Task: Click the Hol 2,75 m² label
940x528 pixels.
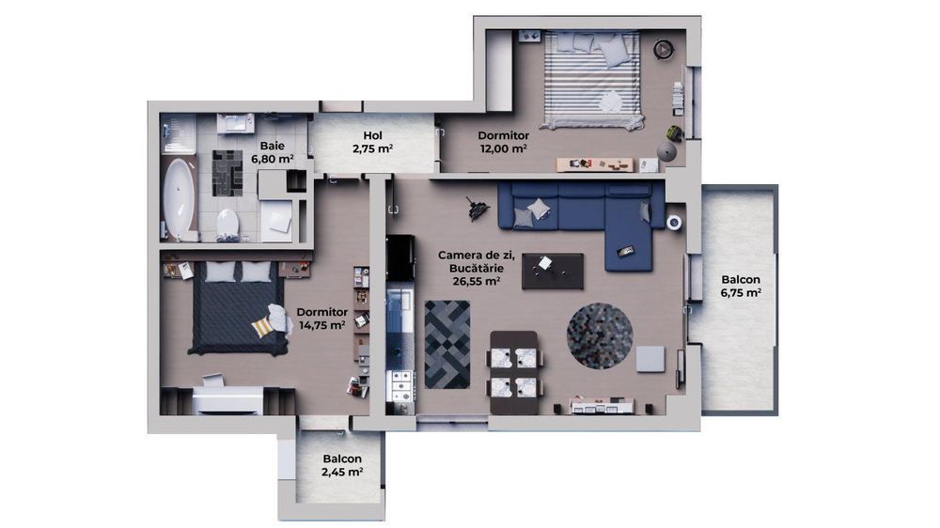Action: [372, 141]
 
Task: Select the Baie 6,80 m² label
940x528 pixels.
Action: [272, 153]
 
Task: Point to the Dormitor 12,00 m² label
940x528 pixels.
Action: [502, 141]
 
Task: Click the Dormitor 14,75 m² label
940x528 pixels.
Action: [321, 318]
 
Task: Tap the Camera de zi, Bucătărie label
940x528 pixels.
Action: [469, 266]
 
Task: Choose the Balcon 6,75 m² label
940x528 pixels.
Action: [741, 286]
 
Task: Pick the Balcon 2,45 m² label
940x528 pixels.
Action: [342, 465]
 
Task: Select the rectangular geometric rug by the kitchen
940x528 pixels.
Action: [446, 343]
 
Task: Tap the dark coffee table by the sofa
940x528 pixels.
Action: [552, 271]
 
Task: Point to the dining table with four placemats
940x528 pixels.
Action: [512, 372]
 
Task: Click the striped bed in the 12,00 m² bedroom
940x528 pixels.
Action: [592, 80]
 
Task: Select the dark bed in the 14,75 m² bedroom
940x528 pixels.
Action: [236, 307]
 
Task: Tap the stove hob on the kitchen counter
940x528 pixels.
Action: [401, 383]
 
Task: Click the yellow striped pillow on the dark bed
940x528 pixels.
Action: [262, 325]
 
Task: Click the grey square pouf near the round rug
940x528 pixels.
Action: [650, 358]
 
